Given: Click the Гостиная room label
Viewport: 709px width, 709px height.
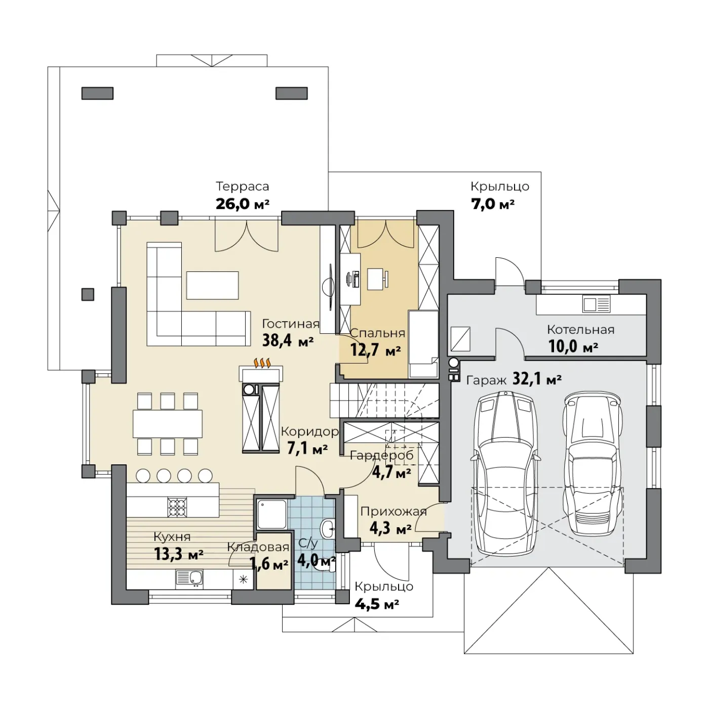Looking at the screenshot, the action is tap(290, 324).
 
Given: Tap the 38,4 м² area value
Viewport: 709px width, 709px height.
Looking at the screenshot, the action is tap(288, 341).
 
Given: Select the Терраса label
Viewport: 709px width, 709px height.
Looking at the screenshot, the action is tap(243, 186).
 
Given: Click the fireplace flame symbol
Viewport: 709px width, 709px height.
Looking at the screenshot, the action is tap(262, 363).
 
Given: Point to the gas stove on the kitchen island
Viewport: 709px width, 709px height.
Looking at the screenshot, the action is tap(177, 507).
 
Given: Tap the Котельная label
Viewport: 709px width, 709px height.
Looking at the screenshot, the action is tap(580, 330).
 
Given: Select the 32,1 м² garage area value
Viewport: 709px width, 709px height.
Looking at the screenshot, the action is tap(537, 379).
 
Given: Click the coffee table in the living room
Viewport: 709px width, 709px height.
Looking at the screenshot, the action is tap(212, 286).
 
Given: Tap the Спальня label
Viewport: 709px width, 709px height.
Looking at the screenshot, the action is tap(377, 333).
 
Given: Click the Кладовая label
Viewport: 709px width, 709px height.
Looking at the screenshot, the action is tap(258, 547).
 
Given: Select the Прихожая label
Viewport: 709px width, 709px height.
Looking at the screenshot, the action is tap(393, 512).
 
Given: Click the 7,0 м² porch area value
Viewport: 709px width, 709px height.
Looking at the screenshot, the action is tap(493, 205).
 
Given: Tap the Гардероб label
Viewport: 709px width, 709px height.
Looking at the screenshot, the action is tap(381, 455).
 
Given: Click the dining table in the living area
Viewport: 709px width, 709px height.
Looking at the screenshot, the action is tap(168, 423).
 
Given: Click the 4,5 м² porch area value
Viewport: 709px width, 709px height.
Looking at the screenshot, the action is tap(377, 604).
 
